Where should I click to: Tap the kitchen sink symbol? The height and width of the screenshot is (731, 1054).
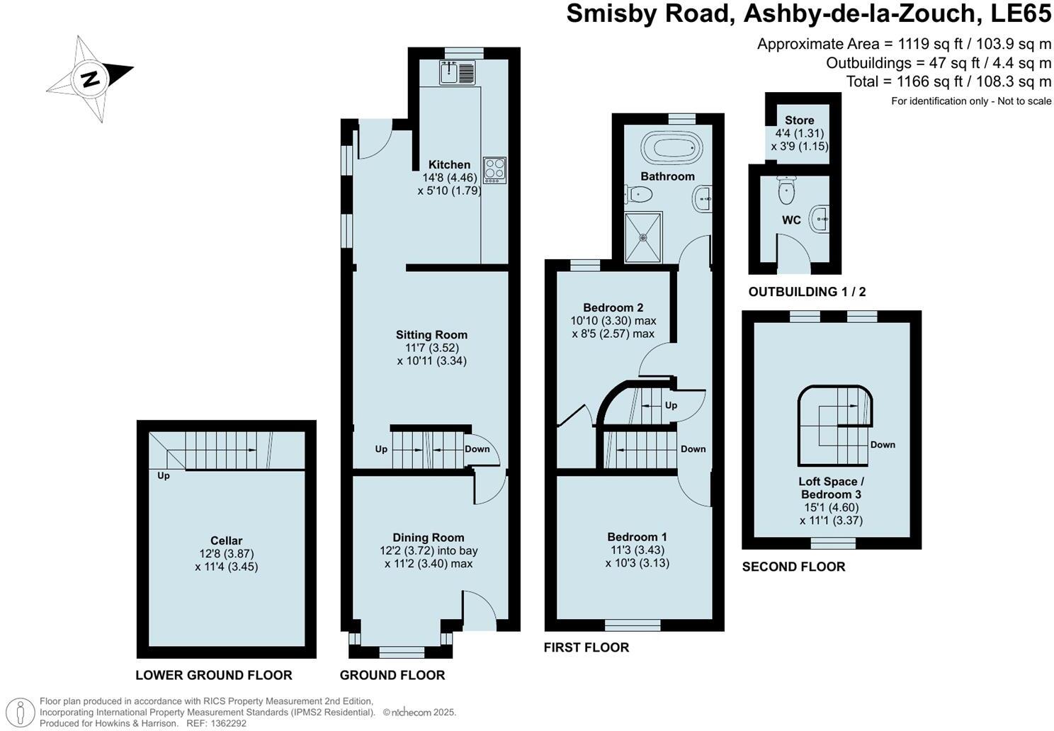tap(457, 73)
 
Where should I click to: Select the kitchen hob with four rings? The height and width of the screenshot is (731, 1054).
tap(494, 170)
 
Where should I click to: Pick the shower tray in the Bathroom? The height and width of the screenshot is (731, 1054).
tap(643, 237)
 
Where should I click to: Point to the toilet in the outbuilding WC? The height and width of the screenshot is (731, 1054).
tap(786, 189)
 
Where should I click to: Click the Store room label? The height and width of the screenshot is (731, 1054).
tap(799, 120)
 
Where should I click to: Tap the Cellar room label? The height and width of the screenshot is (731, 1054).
tap(226, 541)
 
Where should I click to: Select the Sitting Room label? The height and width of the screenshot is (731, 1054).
tap(431, 335)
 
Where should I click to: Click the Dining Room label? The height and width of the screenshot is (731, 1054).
tap(428, 538)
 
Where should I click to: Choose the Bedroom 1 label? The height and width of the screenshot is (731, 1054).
tap(637, 537)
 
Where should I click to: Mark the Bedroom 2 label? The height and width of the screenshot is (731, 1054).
tap(613, 307)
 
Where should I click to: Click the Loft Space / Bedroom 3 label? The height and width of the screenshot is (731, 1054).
tap(831, 488)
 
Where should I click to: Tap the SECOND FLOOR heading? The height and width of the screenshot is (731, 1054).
tap(793, 567)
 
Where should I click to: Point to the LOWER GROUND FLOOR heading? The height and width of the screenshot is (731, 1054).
tap(214, 675)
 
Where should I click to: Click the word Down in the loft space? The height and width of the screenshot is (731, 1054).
tap(883, 445)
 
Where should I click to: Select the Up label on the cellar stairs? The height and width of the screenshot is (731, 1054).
tap(164, 476)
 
